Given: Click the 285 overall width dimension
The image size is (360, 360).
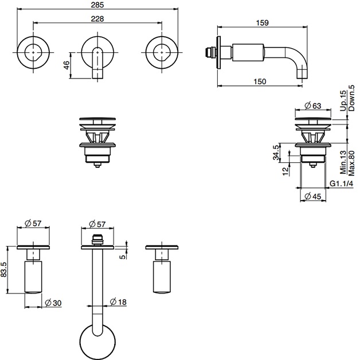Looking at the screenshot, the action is coord(97,5).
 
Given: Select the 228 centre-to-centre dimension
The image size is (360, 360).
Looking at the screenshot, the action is coord(97,18).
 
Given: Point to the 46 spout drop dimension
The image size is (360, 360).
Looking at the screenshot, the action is coord(66,65).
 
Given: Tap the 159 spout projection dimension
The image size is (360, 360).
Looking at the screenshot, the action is coord(262,23).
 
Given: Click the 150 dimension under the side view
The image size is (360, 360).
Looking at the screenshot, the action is coord(260,81).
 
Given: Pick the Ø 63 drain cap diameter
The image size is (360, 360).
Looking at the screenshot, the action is coord(312,106).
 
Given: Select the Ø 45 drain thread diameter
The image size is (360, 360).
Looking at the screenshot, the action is coord(312,197).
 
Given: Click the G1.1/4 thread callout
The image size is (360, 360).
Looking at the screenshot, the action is coord(341,183).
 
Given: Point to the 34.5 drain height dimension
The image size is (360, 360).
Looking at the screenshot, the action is coord(276,152).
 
